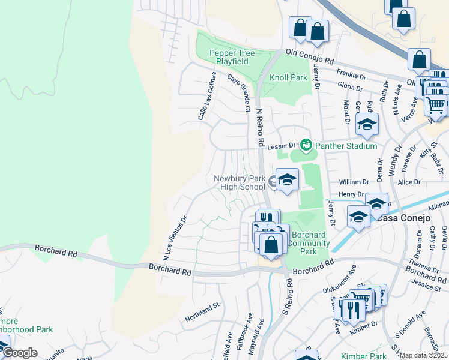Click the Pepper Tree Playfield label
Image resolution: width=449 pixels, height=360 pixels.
point(232,57)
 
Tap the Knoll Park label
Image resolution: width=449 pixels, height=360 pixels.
point(288,77)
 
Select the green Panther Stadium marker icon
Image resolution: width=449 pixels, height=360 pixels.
point(307,145)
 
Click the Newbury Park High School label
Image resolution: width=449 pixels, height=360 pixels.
point(240,182)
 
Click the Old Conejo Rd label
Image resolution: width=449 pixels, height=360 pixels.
point(309,57)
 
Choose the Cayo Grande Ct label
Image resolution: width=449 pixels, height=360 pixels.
point(238,93)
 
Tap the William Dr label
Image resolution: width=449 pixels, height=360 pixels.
point(354,181)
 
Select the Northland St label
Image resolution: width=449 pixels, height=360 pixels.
point(203,311)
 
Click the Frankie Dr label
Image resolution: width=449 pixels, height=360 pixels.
point(351,75)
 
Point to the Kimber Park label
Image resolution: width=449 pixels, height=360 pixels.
point(364,356)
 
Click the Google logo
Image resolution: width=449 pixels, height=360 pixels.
point(20,353)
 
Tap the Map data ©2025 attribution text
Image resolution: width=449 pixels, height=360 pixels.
point(424,355)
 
